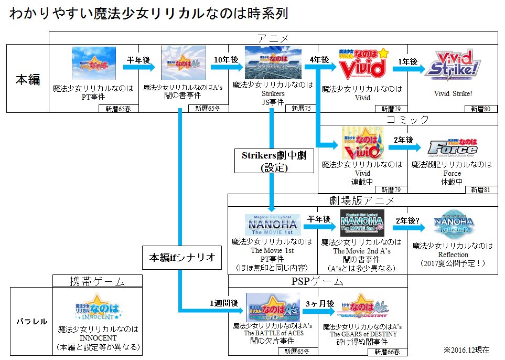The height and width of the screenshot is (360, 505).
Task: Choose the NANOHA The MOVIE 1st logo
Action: [273, 225]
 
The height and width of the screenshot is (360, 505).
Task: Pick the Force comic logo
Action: [453, 147]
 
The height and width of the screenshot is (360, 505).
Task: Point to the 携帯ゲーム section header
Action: [98, 281]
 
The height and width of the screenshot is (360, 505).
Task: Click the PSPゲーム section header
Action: [317, 281]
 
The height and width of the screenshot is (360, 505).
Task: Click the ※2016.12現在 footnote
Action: [466, 350]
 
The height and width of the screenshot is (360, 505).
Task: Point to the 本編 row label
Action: [27, 79]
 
